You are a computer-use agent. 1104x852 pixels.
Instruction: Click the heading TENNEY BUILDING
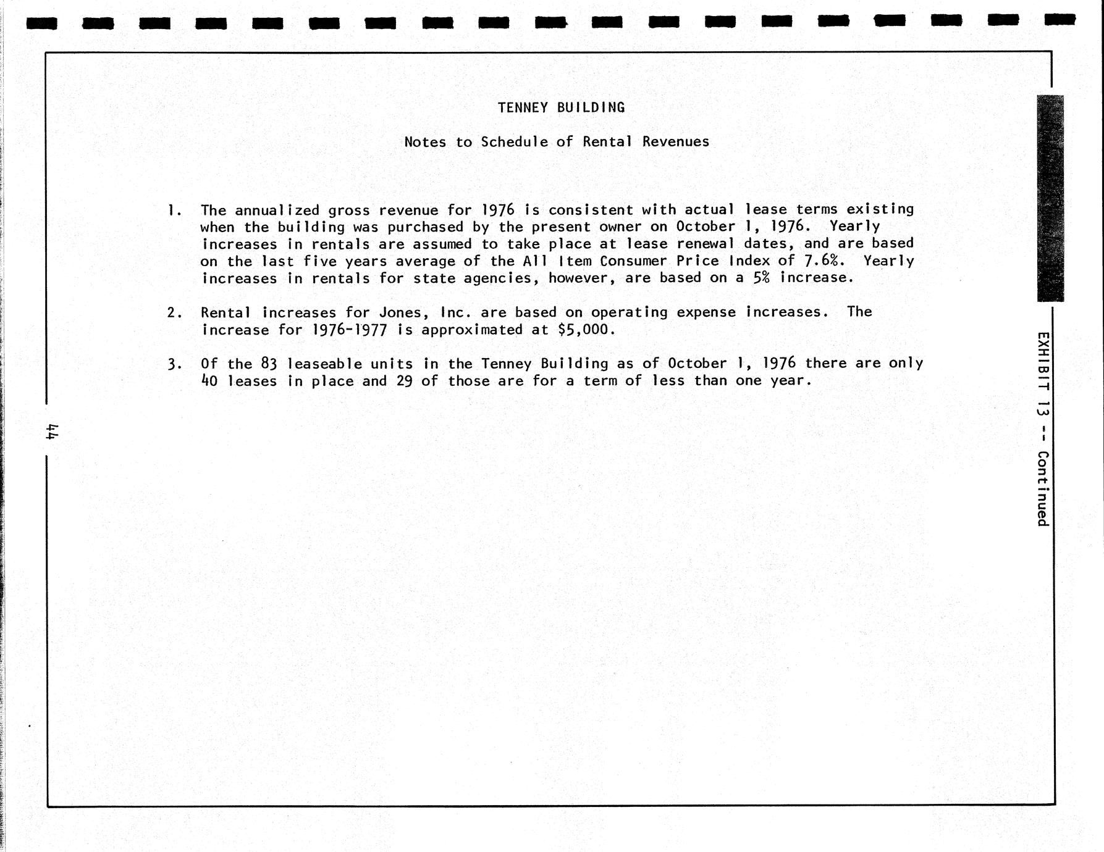click(x=561, y=108)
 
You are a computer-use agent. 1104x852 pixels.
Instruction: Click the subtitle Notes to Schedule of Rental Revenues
click(x=557, y=142)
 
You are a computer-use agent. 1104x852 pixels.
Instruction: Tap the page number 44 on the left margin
click(x=51, y=431)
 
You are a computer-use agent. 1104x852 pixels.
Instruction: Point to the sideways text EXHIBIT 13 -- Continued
click(x=1043, y=429)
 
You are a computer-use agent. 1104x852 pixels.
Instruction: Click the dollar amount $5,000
click(x=586, y=330)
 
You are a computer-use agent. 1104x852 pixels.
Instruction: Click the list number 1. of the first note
click(x=174, y=211)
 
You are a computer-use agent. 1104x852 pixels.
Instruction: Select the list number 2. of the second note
click(x=174, y=312)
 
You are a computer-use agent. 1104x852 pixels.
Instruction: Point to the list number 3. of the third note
click(x=174, y=364)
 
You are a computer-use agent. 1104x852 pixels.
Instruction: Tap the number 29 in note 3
click(x=405, y=381)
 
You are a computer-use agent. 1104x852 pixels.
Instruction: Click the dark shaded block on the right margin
click(x=1050, y=198)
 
